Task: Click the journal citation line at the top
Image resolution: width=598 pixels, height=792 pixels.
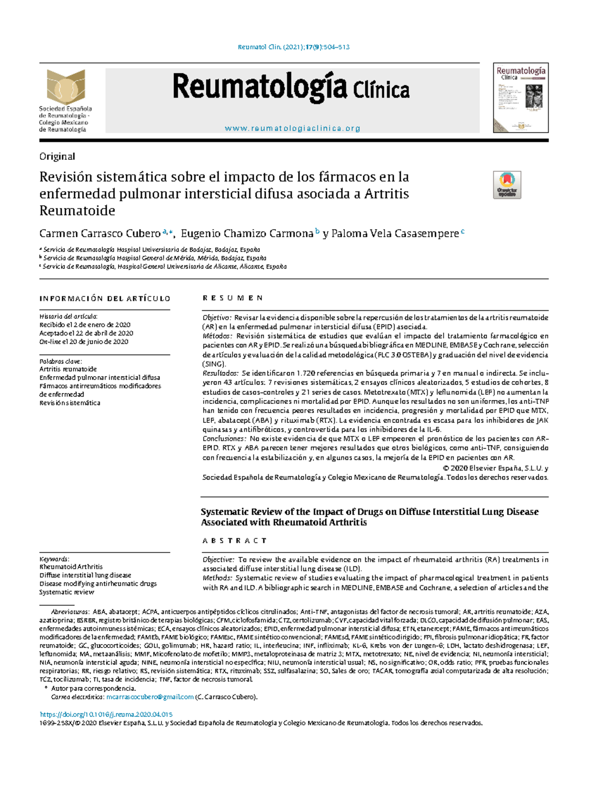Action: coord(294,47)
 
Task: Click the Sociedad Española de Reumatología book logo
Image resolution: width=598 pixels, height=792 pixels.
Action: coord(66,87)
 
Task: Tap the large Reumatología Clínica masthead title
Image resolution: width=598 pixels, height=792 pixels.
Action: coord(291,88)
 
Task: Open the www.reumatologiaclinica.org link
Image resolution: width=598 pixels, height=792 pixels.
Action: coord(293,129)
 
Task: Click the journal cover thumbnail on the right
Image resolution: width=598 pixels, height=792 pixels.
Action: coord(521,98)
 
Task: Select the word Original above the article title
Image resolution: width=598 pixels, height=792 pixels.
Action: coord(57,156)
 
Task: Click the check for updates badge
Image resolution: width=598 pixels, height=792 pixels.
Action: coord(507,185)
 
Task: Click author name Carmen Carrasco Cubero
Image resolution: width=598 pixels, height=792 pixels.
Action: coord(100,234)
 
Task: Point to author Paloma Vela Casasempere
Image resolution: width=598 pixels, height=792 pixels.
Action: coord(395,234)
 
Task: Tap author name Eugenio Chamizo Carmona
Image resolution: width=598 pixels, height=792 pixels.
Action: coord(247,234)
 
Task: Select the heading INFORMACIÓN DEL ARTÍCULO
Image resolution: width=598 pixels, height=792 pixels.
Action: coord(105,299)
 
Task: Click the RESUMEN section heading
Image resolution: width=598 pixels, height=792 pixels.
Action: coord(232,298)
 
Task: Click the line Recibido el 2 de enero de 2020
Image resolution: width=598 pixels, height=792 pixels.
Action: coord(85,325)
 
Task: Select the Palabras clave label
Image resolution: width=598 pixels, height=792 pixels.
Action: coord(60,361)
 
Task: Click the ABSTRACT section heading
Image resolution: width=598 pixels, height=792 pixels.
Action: coord(234,540)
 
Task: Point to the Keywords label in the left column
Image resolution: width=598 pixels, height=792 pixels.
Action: coord(54,559)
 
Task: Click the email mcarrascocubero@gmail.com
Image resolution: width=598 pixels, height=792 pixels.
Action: coord(150,697)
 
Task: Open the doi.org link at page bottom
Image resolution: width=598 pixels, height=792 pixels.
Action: coord(106,714)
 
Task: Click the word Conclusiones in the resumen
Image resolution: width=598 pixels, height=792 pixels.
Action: coord(224,439)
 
